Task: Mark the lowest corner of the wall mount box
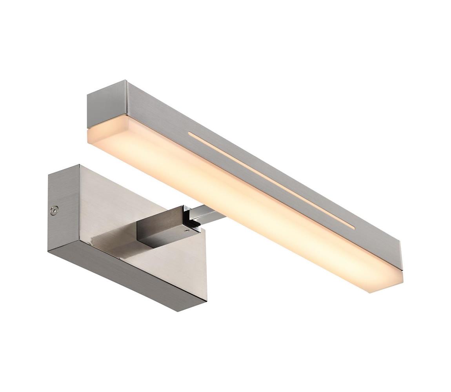(x=178, y=311)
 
